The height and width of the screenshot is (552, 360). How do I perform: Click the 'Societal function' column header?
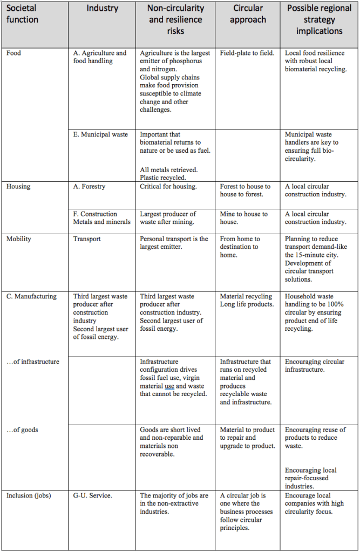pos(23,15)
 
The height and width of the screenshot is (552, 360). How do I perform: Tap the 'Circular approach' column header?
pos(248,15)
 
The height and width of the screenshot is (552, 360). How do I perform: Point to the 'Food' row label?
pos(15,53)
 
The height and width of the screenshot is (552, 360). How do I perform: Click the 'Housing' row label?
pos(18,187)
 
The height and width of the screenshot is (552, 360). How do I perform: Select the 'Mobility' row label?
pos(19,239)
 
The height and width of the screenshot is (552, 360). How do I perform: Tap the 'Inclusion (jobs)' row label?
pos(29,495)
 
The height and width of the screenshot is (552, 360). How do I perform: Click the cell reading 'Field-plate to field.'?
pos(247,53)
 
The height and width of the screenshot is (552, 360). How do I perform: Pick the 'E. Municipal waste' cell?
pos(100,134)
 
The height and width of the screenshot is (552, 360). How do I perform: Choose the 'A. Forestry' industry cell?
pos(90,187)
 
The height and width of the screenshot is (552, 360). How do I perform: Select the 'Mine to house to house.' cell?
pos(244,217)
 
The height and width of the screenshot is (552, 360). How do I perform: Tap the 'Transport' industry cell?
pos(87,239)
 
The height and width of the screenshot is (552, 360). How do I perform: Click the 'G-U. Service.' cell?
pos(93,495)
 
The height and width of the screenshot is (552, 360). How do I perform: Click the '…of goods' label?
pos(22,430)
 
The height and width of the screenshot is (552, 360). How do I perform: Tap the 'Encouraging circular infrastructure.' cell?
pos(315,365)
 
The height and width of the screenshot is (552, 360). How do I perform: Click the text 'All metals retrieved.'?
pos(168,169)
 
